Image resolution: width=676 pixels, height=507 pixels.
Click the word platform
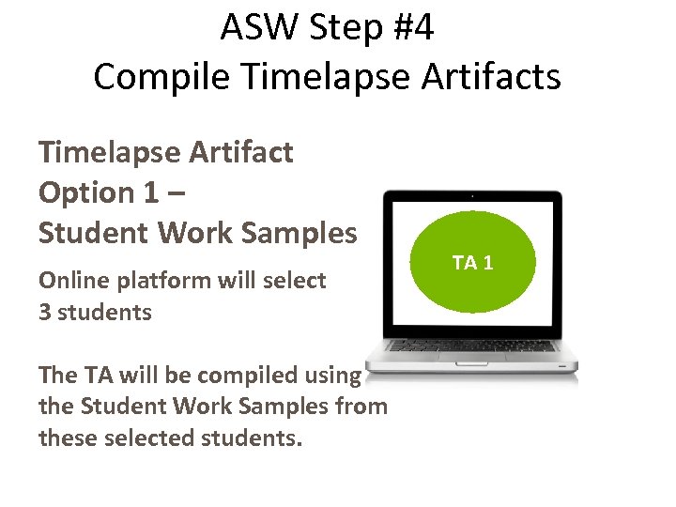click(x=161, y=281)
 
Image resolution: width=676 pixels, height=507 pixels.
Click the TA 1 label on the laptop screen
click(x=473, y=262)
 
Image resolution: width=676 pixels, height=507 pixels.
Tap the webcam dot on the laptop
click(x=473, y=196)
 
